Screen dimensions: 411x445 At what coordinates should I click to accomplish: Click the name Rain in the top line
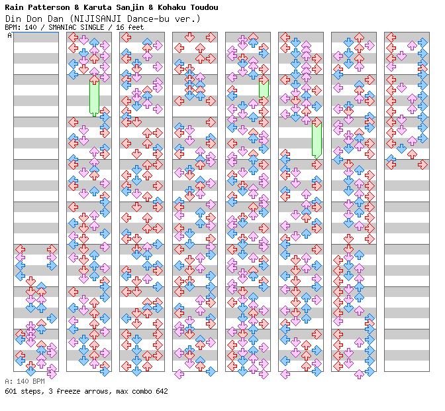(x=14, y=7)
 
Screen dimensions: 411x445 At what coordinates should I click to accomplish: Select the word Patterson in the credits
(x=48, y=7)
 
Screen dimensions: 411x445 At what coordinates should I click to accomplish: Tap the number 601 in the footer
(x=11, y=391)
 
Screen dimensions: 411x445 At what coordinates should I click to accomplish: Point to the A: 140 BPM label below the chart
(x=25, y=382)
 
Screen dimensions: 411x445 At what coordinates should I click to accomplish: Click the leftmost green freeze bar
(x=94, y=97)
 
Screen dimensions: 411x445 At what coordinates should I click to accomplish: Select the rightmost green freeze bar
(x=317, y=138)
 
